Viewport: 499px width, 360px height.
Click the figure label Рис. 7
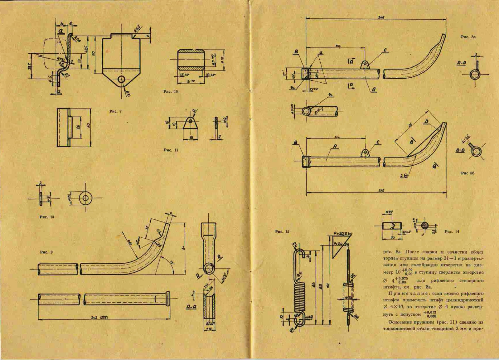[x=115, y=111]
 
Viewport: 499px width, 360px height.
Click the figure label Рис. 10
[x=171, y=91]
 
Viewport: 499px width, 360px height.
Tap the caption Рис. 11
[x=171, y=150]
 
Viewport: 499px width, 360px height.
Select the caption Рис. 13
[x=47, y=217]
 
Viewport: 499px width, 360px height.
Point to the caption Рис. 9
[x=46, y=252]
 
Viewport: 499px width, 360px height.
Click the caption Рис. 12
[x=282, y=231]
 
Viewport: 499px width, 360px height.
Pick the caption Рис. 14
[x=452, y=231]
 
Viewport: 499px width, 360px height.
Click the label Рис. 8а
[x=468, y=37]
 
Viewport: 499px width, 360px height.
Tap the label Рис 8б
[x=468, y=173]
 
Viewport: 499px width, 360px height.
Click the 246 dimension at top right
[x=381, y=17]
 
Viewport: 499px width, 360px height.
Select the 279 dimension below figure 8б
[x=381, y=190]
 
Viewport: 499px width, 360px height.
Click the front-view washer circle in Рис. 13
[x=85, y=198]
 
